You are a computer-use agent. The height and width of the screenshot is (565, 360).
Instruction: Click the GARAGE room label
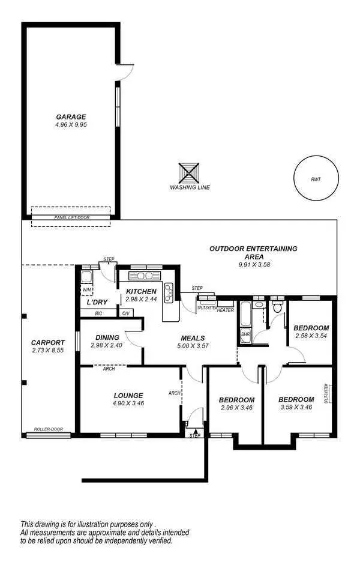(x=71, y=116)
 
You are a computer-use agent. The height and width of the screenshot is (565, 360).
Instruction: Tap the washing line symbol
(x=190, y=174)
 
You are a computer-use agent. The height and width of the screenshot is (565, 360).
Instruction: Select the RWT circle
(x=315, y=178)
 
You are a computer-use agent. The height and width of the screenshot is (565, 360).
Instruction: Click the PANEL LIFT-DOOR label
(x=71, y=217)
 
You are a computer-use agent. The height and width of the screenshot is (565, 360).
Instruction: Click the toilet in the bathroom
(x=277, y=307)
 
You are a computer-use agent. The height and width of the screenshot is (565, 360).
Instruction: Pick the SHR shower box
(x=245, y=334)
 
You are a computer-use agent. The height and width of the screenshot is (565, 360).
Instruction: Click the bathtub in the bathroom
(x=246, y=313)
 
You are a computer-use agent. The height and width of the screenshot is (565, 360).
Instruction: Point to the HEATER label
(x=225, y=310)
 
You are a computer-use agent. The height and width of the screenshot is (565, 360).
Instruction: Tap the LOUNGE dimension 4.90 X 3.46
(x=128, y=403)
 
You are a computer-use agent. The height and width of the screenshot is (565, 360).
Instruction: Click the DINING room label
(x=105, y=337)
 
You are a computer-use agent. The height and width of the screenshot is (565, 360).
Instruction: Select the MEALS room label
(x=193, y=338)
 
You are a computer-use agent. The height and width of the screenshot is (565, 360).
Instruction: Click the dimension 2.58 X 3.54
(x=311, y=336)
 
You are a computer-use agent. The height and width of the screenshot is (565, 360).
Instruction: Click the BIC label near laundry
(x=98, y=313)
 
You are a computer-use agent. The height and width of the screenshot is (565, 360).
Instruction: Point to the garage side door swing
(x=124, y=72)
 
